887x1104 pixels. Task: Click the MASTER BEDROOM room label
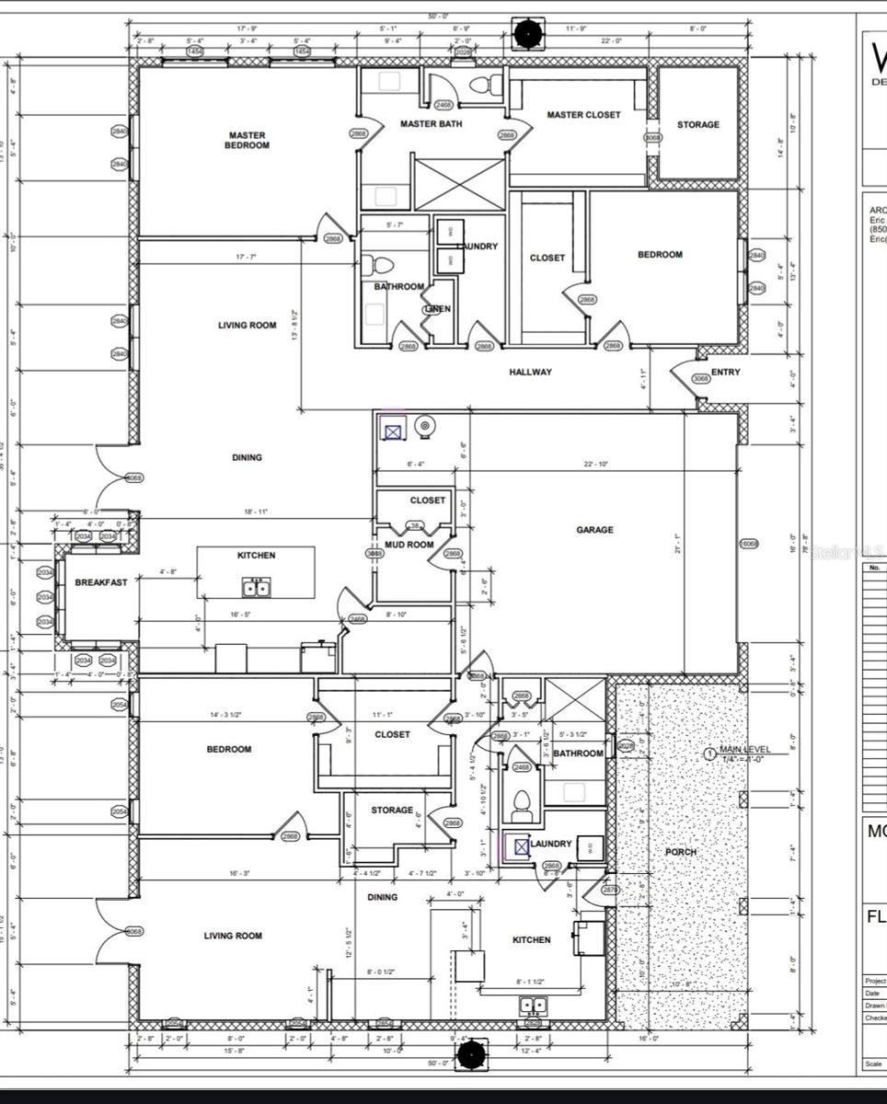pos(248,141)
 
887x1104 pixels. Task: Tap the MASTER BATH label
pos(431,123)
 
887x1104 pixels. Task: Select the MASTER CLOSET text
pos(583,115)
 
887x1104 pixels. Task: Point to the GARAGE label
pos(594,530)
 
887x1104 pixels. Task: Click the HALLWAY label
pos(531,372)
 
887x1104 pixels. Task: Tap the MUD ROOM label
pos(409,545)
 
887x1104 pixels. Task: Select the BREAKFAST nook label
pos(101,582)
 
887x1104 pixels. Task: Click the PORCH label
pos(681,852)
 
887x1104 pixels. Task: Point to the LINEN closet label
pos(438,309)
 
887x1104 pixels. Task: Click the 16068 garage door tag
pos(749,544)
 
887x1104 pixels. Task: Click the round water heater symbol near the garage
pos(425,425)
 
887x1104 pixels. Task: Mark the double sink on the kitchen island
pos(256,587)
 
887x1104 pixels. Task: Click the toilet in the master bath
pos(480,85)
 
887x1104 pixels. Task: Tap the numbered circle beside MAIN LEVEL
pos(709,753)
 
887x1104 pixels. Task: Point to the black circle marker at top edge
pos(528,34)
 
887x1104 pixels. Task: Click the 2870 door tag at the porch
pos(609,890)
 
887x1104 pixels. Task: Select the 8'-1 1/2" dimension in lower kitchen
pos(530,982)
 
